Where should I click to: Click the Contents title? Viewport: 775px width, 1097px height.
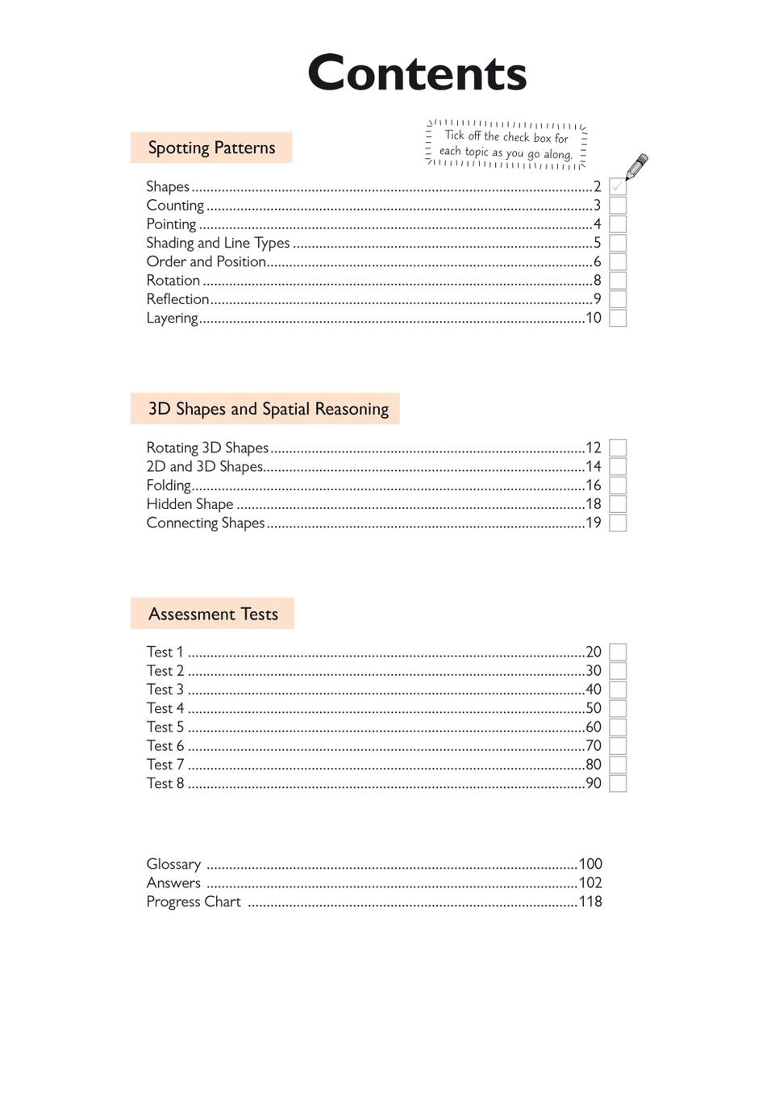[417, 73]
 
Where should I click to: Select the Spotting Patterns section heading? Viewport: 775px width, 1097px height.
[211, 148]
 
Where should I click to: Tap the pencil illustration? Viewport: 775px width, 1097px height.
[636, 166]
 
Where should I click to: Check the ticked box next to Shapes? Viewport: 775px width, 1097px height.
[618, 186]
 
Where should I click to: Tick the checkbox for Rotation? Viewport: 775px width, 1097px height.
[618, 281]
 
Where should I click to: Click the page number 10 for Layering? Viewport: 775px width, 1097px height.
[594, 318]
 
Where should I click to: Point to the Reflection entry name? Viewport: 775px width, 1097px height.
[177, 299]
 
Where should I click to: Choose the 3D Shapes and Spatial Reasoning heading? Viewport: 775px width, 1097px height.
[268, 409]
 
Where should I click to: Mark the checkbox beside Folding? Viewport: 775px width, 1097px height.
[618, 486]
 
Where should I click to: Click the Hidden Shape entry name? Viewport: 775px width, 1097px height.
[190, 504]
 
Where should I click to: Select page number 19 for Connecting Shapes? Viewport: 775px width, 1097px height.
[594, 523]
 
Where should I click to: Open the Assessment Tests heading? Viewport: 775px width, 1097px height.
[213, 614]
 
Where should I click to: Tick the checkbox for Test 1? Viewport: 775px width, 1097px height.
[618, 652]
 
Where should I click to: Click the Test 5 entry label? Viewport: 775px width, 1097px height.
[165, 727]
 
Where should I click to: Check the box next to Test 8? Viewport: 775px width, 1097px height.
[618, 783]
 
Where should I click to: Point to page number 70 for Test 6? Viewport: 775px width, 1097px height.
[594, 745]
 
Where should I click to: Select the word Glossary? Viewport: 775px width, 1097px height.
[173, 864]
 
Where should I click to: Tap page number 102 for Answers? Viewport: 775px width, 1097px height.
[590, 882]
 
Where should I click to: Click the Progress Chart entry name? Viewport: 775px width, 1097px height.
[194, 902]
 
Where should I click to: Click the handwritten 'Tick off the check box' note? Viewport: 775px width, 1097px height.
[506, 144]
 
